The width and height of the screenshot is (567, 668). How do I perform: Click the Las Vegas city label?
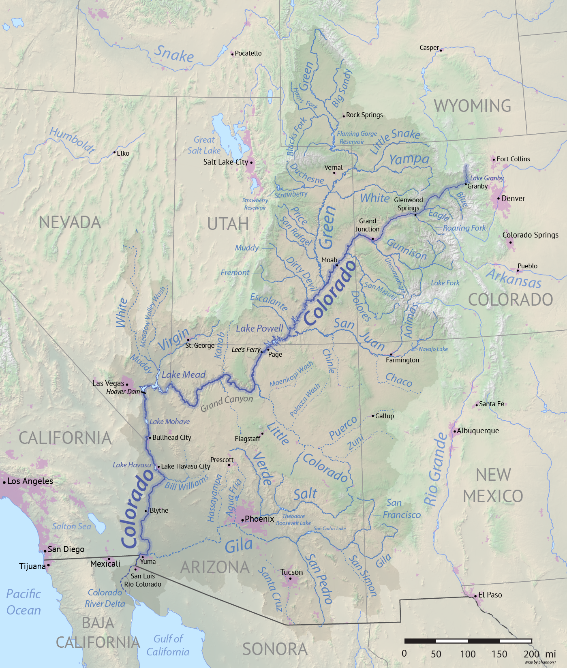(x=108, y=383)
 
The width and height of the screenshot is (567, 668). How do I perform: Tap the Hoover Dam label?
(x=123, y=392)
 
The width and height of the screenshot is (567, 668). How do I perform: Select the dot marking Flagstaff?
(x=262, y=434)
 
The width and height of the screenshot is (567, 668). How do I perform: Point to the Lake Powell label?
(x=259, y=328)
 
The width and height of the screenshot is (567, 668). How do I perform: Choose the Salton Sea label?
(x=72, y=527)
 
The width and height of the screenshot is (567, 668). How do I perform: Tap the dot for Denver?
(x=499, y=199)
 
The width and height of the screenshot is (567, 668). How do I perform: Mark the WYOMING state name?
(x=472, y=106)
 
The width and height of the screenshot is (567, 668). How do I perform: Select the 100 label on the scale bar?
(x=468, y=654)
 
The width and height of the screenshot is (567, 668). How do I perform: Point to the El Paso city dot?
(x=475, y=596)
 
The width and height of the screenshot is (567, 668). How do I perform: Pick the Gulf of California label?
(x=168, y=645)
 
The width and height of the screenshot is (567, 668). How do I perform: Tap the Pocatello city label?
(x=248, y=54)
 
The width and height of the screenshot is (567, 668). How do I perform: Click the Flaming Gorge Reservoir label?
(x=357, y=137)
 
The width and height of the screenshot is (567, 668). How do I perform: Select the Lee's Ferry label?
(x=246, y=349)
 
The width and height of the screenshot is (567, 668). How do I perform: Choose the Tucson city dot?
(x=290, y=578)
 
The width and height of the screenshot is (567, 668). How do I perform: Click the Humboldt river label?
(x=72, y=140)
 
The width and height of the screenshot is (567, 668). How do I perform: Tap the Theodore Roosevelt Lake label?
(x=293, y=520)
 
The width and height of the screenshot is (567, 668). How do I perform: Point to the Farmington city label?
(x=402, y=360)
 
